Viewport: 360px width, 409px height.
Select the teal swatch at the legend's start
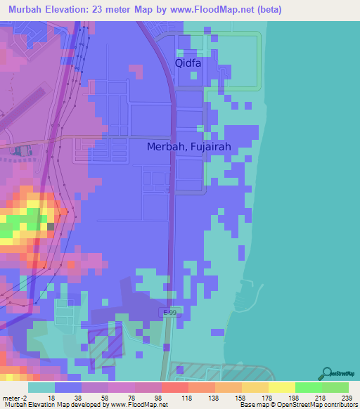pyautogui.click(x=41, y=387)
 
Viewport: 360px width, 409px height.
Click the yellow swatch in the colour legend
pyautogui.click(x=281, y=387)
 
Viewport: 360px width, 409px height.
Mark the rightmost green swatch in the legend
pyautogui.click(x=335, y=387)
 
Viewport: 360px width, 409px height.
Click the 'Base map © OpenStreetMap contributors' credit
pyautogui.click(x=295, y=405)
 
